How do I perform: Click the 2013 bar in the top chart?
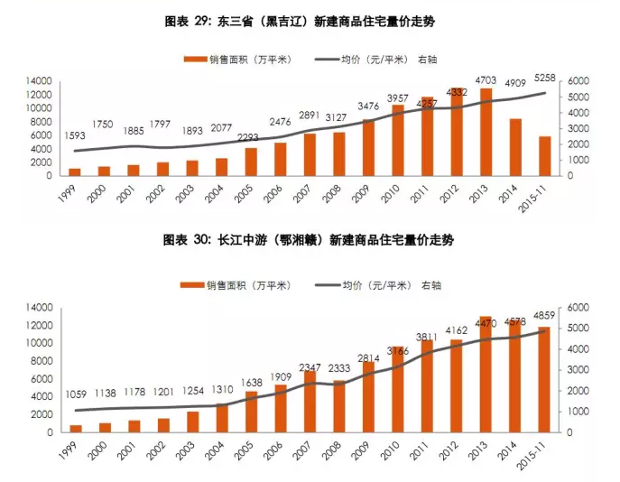[486, 132]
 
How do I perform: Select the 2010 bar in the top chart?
[397, 140]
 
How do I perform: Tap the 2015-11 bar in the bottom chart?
[543, 379]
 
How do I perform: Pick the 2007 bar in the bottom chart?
[310, 402]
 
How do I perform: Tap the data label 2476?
[280, 120]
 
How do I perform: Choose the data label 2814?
[368, 357]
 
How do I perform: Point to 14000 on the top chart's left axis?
[37, 81]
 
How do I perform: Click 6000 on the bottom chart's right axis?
[578, 308]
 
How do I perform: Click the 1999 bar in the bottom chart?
[75, 428]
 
